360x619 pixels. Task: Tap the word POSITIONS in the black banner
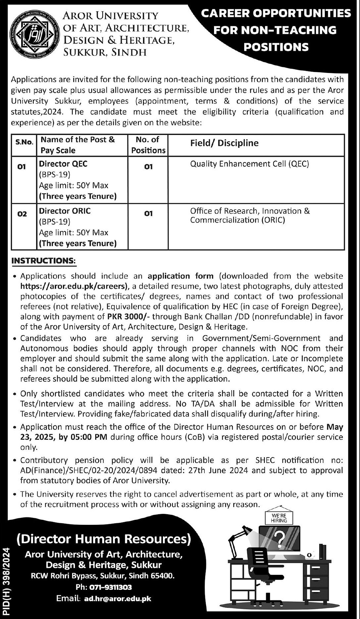[x=276, y=47]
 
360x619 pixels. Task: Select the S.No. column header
[x=24, y=143]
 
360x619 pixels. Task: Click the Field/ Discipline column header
[x=224, y=143]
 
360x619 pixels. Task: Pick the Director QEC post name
[x=63, y=164]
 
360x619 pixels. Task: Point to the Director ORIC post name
[x=65, y=211]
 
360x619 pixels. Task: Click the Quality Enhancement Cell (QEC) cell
[x=250, y=164]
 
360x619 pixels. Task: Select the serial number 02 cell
[x=22, y=214]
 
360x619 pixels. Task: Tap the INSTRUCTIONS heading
[x=43, y=261]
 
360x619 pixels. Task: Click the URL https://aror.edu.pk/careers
[x=74, y=286]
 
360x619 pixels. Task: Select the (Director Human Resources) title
[x=104, y=539]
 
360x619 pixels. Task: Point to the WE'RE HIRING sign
[x=279, y=518]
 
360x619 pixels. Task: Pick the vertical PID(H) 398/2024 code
[x=7, y=583]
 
